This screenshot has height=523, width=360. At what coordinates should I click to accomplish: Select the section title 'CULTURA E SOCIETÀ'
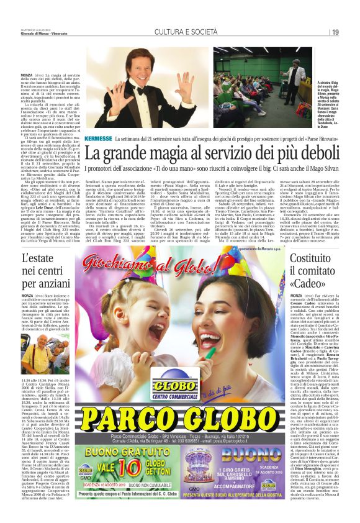[180, 32]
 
